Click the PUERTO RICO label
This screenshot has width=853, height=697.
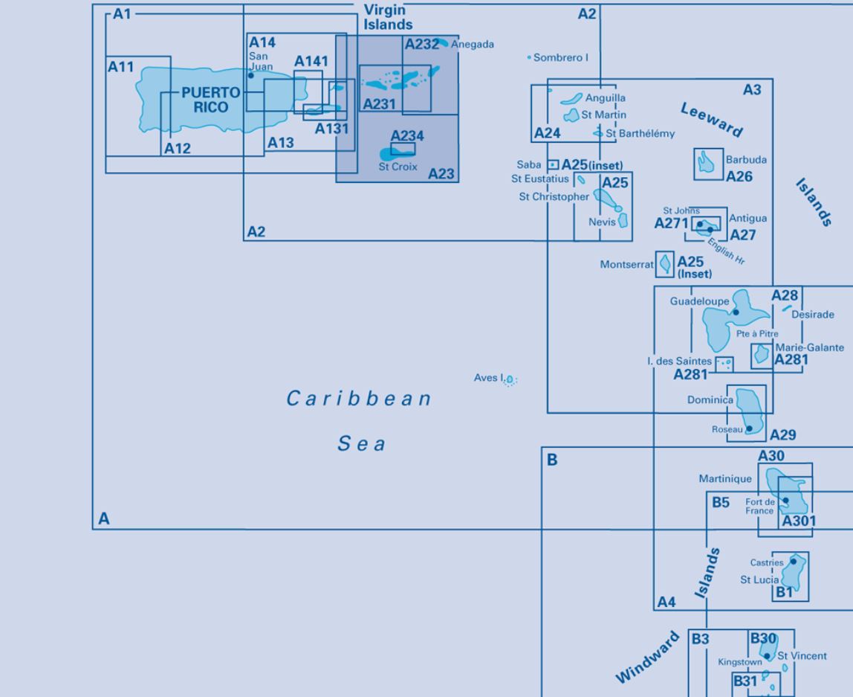[210, 100]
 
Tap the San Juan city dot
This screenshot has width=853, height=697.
[251, 75]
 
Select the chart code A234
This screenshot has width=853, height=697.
[407, 135]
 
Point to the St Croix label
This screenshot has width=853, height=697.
[398, 167]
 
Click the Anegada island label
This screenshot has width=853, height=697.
[473, 44]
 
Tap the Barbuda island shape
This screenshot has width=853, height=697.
[706, 162]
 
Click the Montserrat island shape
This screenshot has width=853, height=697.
[665, 264]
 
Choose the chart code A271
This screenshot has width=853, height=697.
[671, 223]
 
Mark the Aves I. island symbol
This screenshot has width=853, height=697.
[509, 379]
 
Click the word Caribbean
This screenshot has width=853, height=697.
[359, 399]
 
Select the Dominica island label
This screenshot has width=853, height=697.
[710, 399]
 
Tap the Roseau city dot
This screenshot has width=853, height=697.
[749, 428]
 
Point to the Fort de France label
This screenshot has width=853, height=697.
[759, 507]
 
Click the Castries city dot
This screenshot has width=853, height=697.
[793, 562]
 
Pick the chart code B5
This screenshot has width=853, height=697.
[721, 502]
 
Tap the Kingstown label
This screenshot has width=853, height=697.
[740, 662]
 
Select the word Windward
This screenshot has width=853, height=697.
[647, 658]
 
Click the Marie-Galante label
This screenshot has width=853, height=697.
[809, 347]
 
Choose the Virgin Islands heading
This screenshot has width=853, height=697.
[388, 17]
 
